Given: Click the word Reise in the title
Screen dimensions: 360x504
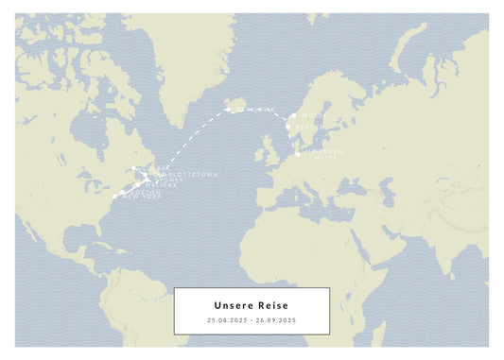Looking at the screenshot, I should coord(272,305).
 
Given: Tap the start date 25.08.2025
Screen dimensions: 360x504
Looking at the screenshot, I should coord(226,320).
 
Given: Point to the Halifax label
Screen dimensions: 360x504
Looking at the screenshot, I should coord(158,185).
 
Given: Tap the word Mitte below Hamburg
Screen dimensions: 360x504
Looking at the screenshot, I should coord(323,158).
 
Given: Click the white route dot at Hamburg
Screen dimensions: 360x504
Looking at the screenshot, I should coord(298,153).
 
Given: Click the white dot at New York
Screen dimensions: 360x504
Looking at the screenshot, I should coord(113,196).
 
